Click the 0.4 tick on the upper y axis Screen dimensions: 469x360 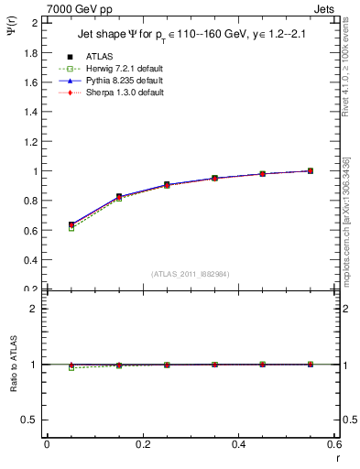tap(32, 260)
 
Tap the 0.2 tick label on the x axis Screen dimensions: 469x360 tap(142, 444)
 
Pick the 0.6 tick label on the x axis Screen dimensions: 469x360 tap(333, 444)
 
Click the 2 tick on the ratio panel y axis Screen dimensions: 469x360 tap(37, 309)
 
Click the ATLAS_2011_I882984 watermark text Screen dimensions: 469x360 tap(190, 273)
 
